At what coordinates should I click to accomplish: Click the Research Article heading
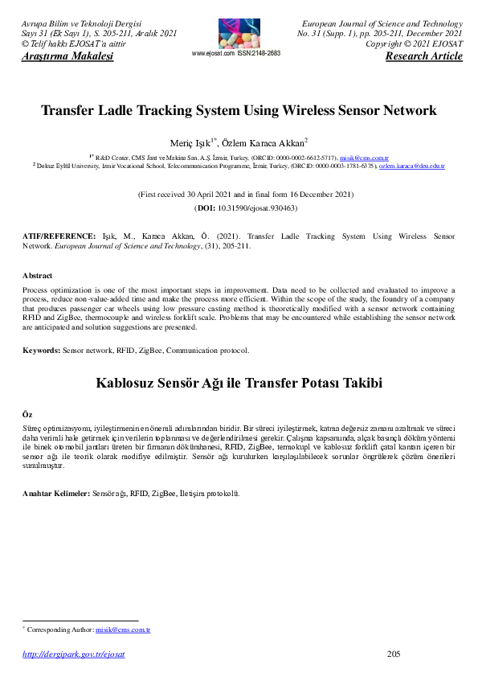point(423,56)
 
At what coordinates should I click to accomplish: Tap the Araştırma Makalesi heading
point(67,56)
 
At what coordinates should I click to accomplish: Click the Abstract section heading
point(37,275)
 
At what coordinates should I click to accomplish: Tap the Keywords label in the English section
point(41,351)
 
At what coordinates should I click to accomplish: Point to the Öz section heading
point(27,413)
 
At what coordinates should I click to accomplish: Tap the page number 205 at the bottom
point(394,654)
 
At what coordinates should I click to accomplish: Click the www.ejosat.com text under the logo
point(213,53)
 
